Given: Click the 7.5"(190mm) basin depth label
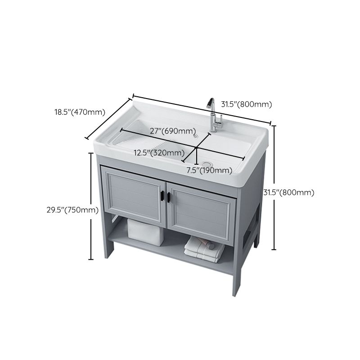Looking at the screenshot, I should point(209,170).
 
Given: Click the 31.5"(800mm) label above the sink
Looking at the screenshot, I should point(247,104).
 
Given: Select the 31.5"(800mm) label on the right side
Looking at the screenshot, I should point(288,192).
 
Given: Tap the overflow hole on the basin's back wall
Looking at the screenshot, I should point(194,134).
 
